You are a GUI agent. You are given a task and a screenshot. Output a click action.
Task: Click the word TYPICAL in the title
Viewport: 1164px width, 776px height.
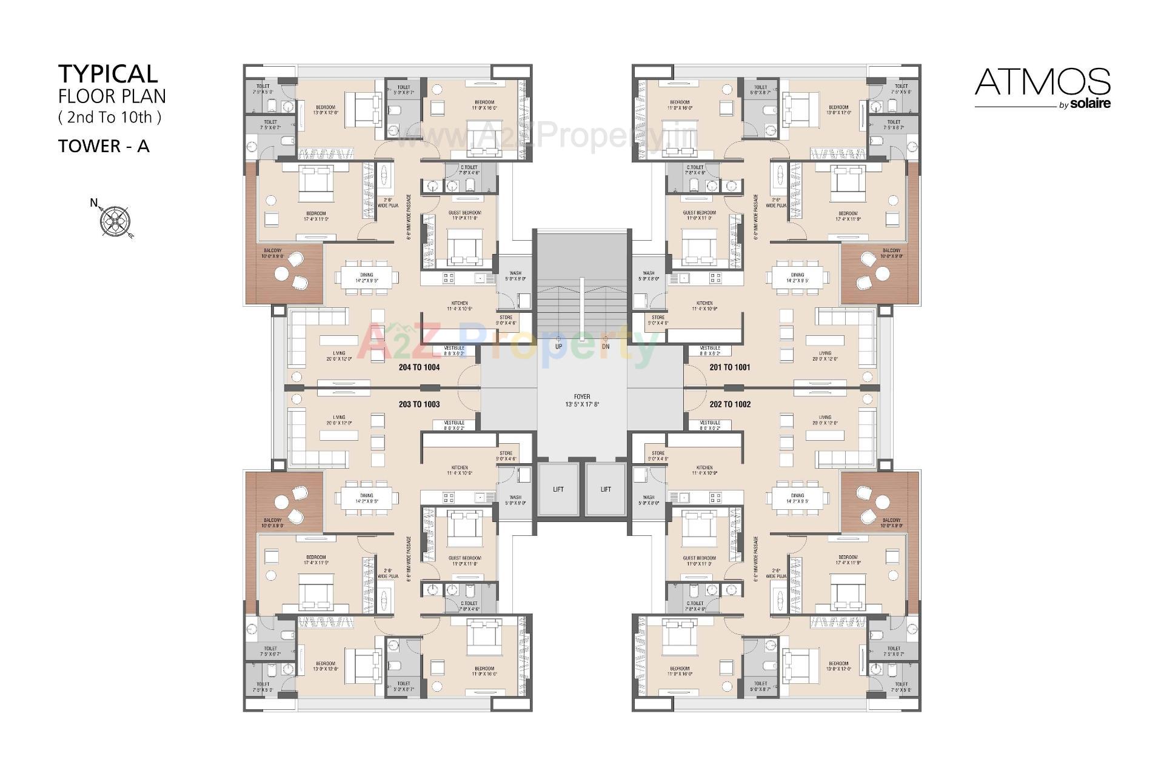108,74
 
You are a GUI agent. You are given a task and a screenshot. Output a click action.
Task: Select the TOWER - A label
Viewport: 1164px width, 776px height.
104,146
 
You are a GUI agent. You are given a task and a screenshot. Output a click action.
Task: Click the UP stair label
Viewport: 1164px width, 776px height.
558,347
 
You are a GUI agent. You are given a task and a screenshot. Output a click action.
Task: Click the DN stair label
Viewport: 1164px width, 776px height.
606,347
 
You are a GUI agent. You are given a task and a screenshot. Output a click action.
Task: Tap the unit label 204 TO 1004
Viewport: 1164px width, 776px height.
419,367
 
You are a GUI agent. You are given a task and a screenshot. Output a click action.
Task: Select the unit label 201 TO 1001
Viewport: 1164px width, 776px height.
730,367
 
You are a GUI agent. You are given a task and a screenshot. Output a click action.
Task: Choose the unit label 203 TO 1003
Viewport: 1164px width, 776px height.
419,404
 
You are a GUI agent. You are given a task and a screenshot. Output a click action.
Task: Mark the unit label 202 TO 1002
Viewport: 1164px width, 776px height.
730,404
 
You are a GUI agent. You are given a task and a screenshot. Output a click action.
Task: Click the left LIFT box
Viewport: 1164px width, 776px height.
558,489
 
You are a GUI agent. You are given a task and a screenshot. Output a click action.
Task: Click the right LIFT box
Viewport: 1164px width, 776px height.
606,489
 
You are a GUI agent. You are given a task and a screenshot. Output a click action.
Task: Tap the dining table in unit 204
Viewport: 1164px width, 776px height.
366,278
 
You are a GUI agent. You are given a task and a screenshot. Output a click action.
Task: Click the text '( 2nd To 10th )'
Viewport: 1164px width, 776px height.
110,118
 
